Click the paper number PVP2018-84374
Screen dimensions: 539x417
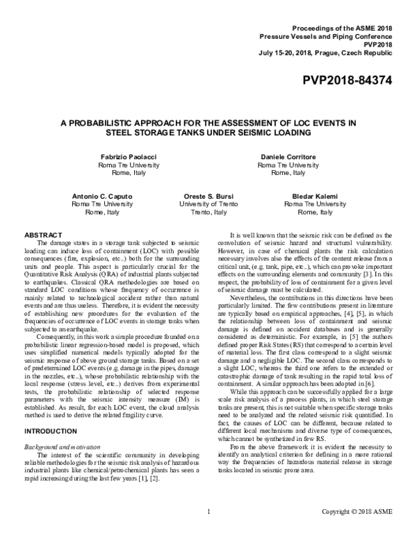(347, 80)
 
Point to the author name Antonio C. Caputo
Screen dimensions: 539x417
(102, 197)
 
